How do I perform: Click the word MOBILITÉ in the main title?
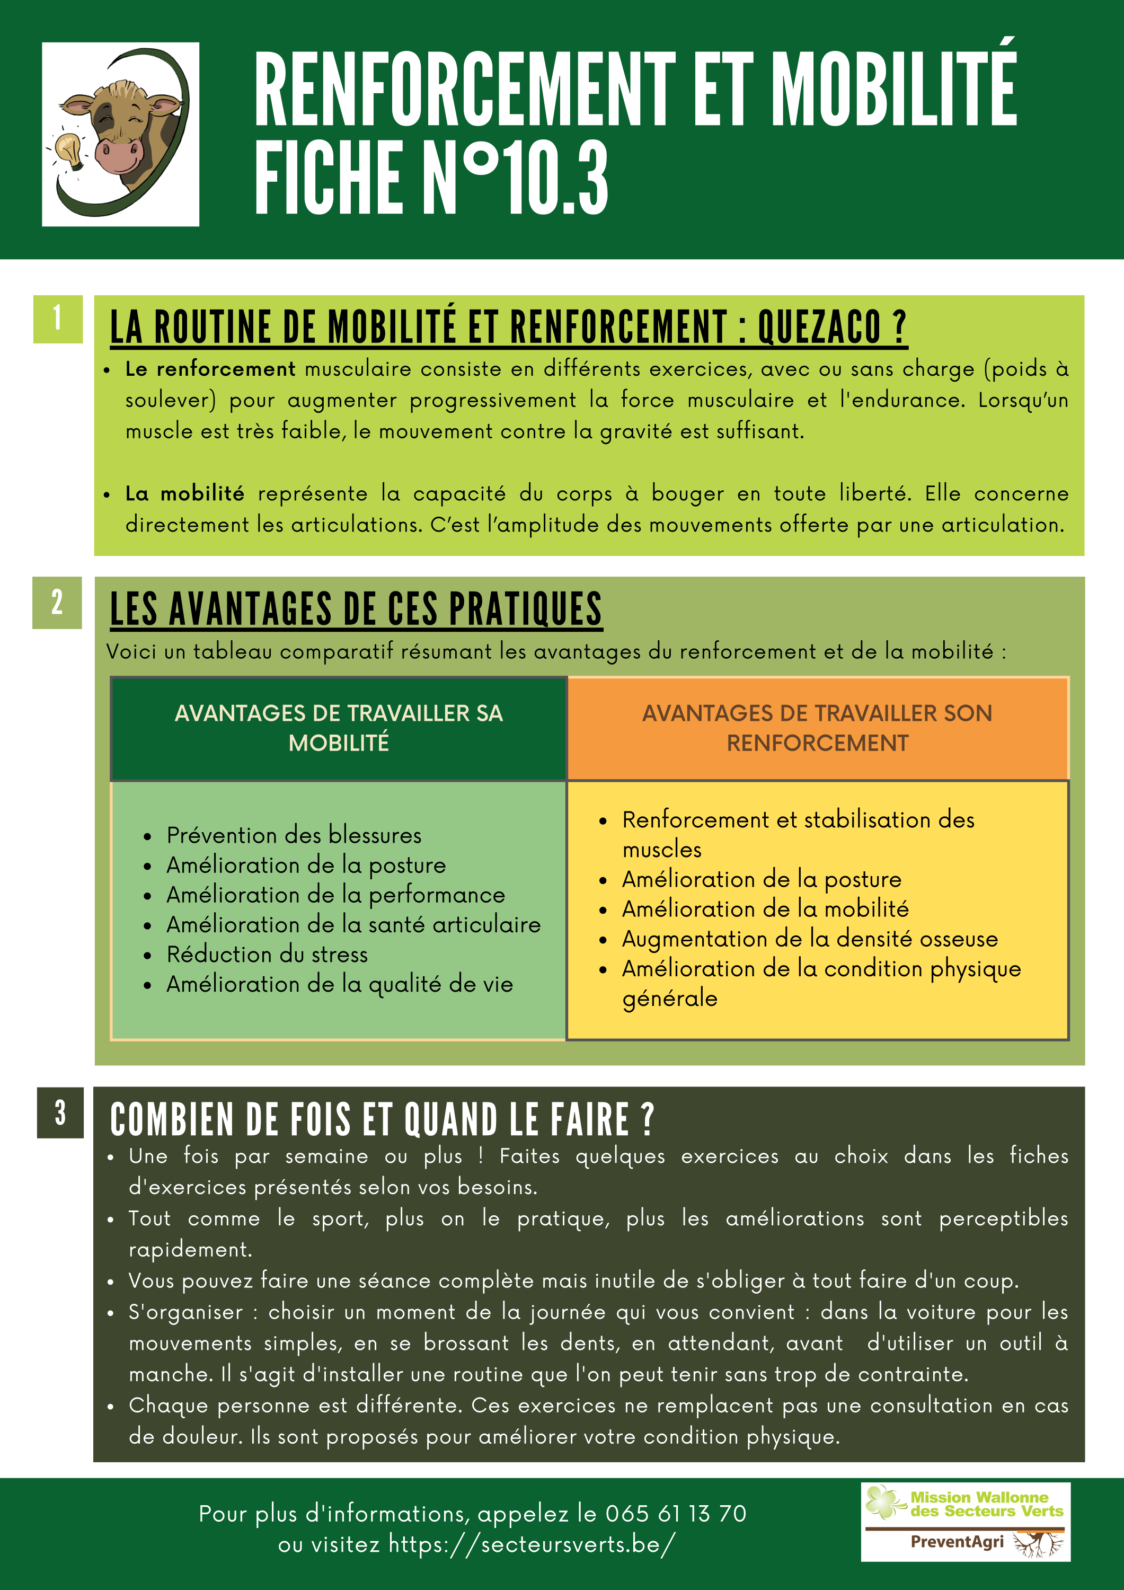click(x=893, y=90)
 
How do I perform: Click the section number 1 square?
click(x=57, y=319)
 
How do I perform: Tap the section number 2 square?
click(x=57, y=603)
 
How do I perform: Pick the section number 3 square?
click(x=60, y=1112)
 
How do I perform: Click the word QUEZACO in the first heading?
click(x=831, y=327)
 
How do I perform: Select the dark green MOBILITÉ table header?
click(x=339, y=728)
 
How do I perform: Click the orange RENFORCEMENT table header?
click(x=817, y=728)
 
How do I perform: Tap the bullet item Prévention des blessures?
click(x=294, y=835)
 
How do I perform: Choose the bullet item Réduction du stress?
click(x=267, y=955)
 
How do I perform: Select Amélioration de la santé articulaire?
click(x=353, y=924)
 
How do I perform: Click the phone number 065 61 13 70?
click(x=676, y=1513)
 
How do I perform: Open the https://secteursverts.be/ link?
click(x=531, y=1543)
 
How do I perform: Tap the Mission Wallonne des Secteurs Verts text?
click(x=986, y=1504)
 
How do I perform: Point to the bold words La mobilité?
click(x=184, y=494)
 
